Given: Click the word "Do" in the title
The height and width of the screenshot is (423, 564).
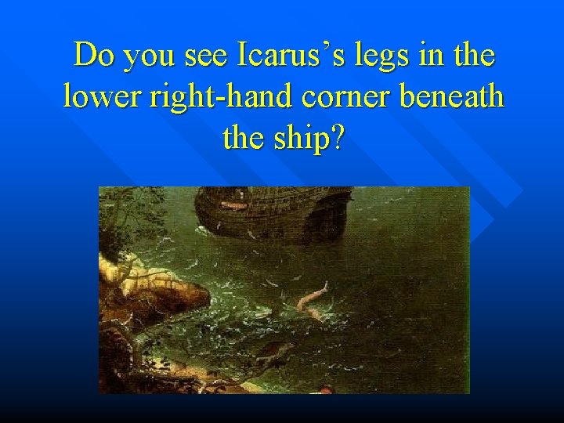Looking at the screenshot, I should coord(90,56).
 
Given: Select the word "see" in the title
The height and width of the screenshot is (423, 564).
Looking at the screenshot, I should coord(201,56).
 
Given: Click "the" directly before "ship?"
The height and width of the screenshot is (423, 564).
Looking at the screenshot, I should coord(243,139).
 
